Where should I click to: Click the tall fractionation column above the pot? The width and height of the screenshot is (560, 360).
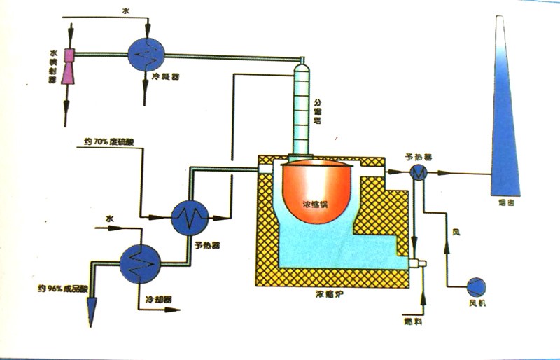tap(302, 109)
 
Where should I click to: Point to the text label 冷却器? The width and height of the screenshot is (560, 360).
tap(157, 299)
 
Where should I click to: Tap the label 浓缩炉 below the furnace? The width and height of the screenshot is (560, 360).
tap(328, 296)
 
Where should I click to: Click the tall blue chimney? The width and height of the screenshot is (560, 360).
tap(505, 112)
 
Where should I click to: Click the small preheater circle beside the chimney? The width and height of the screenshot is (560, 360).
tap(419, 174)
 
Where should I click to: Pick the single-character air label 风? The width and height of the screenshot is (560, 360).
tap(456, 231)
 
